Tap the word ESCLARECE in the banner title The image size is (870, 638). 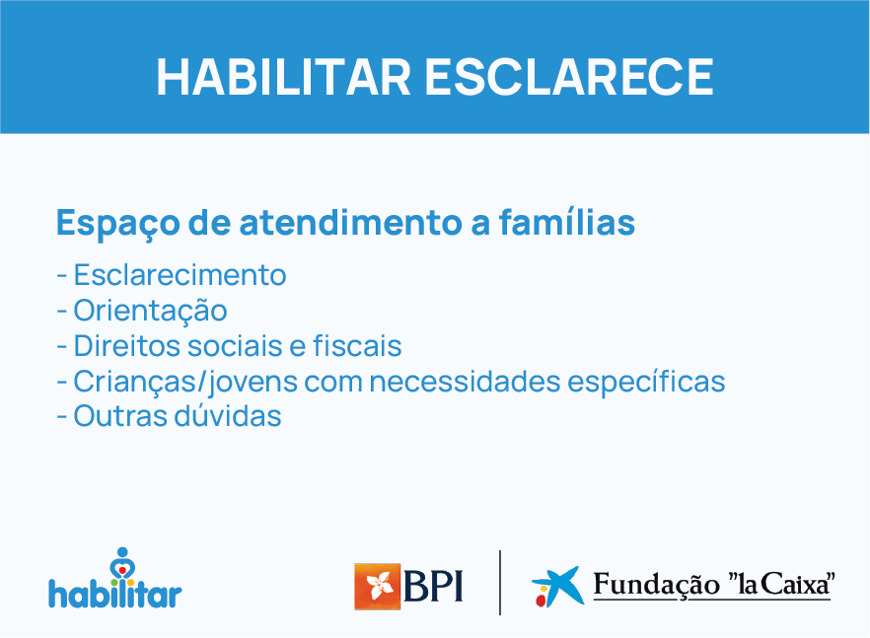(569, 77)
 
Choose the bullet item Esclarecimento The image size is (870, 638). (180, 274)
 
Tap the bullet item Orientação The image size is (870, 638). (150, 311)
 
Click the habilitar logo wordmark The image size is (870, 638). (114, 595)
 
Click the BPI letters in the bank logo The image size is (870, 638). (434, 586)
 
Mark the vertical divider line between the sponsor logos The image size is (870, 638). (500, 582)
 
